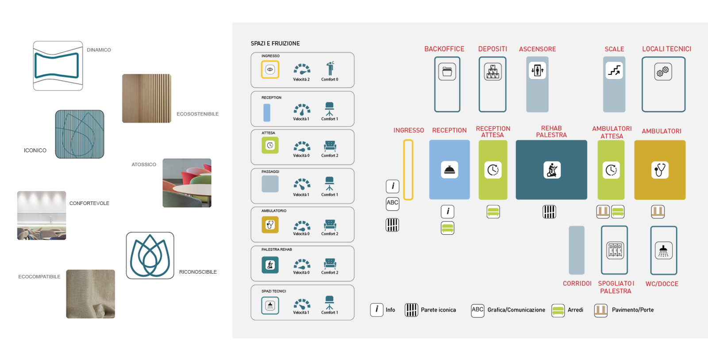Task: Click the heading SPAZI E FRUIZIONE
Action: click(x=275, y=43)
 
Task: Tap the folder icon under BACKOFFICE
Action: click(x=447, y=72)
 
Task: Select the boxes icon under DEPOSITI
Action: click(x=493, y=72)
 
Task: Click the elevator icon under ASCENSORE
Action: click(x=537, y=70)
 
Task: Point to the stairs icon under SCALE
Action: click(x=614, y=70)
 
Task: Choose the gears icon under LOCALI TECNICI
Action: click(x=663, y=72)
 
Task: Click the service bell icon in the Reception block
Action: click(x=449, y=170)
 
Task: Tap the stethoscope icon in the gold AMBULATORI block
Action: click(x=660, y=170)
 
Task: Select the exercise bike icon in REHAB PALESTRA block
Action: click(x=552, y=170)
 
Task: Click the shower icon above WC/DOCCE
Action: click(x=663, y=251)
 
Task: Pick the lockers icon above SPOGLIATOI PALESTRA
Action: click(x=615, y=250)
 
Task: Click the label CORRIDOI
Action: click(x=577, y=283)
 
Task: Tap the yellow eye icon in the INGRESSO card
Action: click(x=270, y=70)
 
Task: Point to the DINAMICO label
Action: click(x=99, y=50)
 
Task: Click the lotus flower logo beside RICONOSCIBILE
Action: click(x=150, y=255)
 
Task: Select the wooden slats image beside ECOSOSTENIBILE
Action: click(x=146, y=98)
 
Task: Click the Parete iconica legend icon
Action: click(x=411, y=310)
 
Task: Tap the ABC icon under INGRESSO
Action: click(x=392, y=203)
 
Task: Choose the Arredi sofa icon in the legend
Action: click(x=558, y=310)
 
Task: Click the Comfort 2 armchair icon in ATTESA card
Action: click(x=330, y=146)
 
